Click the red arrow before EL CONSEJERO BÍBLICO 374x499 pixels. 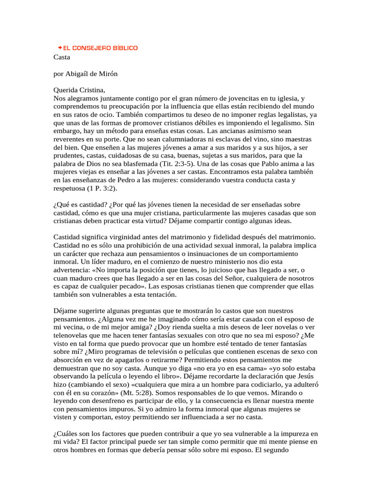[59, 48]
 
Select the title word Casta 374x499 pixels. [62, 57]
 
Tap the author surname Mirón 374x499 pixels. [108, 74]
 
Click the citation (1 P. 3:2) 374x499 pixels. [102, 188]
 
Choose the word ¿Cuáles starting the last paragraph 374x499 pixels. [66, 434]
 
